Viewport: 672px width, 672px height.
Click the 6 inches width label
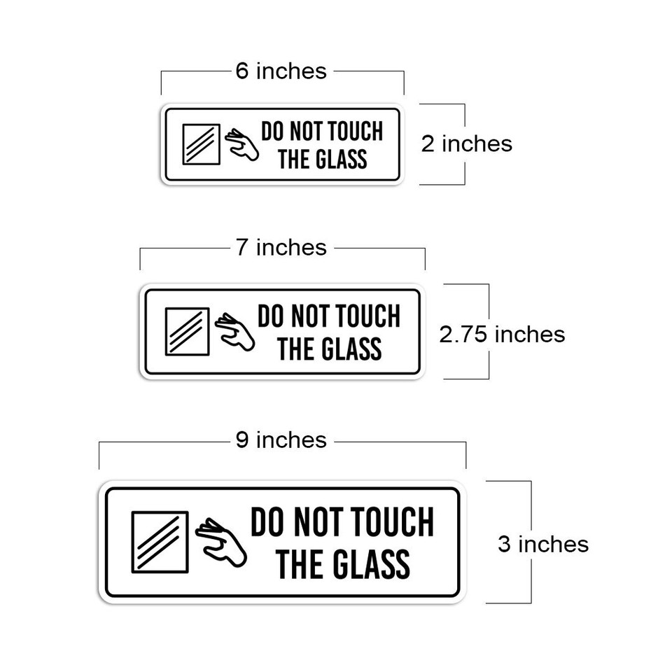pos(281,71)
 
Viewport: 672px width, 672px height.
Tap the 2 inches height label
pos(466,143)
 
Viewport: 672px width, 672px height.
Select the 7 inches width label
pos(281,248)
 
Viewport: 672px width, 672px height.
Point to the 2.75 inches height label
pos(502,334)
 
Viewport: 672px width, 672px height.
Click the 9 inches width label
pos(281,440)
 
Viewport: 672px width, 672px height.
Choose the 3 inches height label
pos(543,544)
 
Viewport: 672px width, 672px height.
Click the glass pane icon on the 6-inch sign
pos(201,144)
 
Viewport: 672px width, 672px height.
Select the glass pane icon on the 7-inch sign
pos(187,331)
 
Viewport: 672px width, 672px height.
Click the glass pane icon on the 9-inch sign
pos(160,541)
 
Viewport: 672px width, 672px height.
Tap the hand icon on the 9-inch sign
pos(220,542)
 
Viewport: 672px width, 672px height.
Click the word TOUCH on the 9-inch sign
pos(392,523)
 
